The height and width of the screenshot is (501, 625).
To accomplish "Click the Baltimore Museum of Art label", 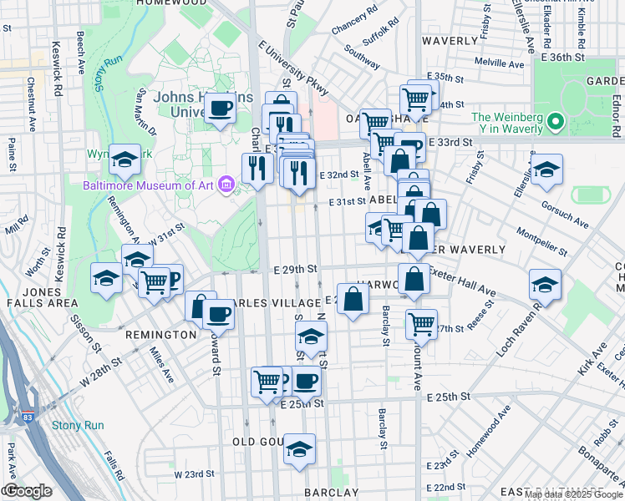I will point(147,185).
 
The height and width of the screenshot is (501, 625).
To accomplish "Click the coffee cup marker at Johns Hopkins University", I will point(221,109).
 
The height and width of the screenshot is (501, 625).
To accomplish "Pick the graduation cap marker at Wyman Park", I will point(124,159).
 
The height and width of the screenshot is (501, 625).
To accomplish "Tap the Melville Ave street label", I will point(499,63).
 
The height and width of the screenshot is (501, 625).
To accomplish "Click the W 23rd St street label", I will point(194,474).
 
